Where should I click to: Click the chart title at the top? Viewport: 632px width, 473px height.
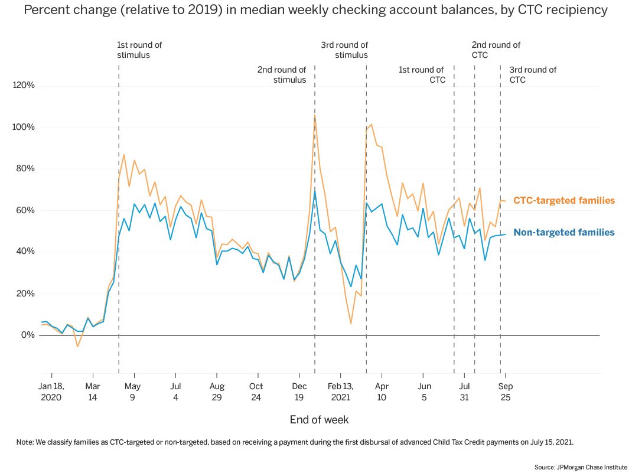(315, 10)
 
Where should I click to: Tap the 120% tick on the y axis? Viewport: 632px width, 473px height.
(24, 86)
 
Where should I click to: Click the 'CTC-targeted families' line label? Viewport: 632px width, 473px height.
(563, 201)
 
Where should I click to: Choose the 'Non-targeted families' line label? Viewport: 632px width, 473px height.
(563, 233)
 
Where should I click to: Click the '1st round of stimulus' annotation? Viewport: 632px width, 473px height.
(139, 50)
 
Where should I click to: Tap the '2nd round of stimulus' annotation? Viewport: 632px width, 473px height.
(282, 75)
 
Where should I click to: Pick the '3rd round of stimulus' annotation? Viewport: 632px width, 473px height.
(344, 50)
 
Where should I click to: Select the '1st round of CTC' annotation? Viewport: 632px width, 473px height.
(421, 75)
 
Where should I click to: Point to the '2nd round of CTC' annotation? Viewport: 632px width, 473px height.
(496, 50)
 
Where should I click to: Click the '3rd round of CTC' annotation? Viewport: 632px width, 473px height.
(532, 75)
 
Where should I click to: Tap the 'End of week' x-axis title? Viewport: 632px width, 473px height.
(319, 420)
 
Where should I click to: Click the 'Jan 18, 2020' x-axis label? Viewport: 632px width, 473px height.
(51, 392)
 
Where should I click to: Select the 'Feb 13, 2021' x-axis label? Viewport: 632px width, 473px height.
(340, 392)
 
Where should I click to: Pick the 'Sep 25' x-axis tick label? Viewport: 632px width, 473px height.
(505, 392)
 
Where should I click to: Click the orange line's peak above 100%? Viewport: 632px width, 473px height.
(314, 116)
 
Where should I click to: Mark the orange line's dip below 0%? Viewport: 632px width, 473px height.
(77, 346)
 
